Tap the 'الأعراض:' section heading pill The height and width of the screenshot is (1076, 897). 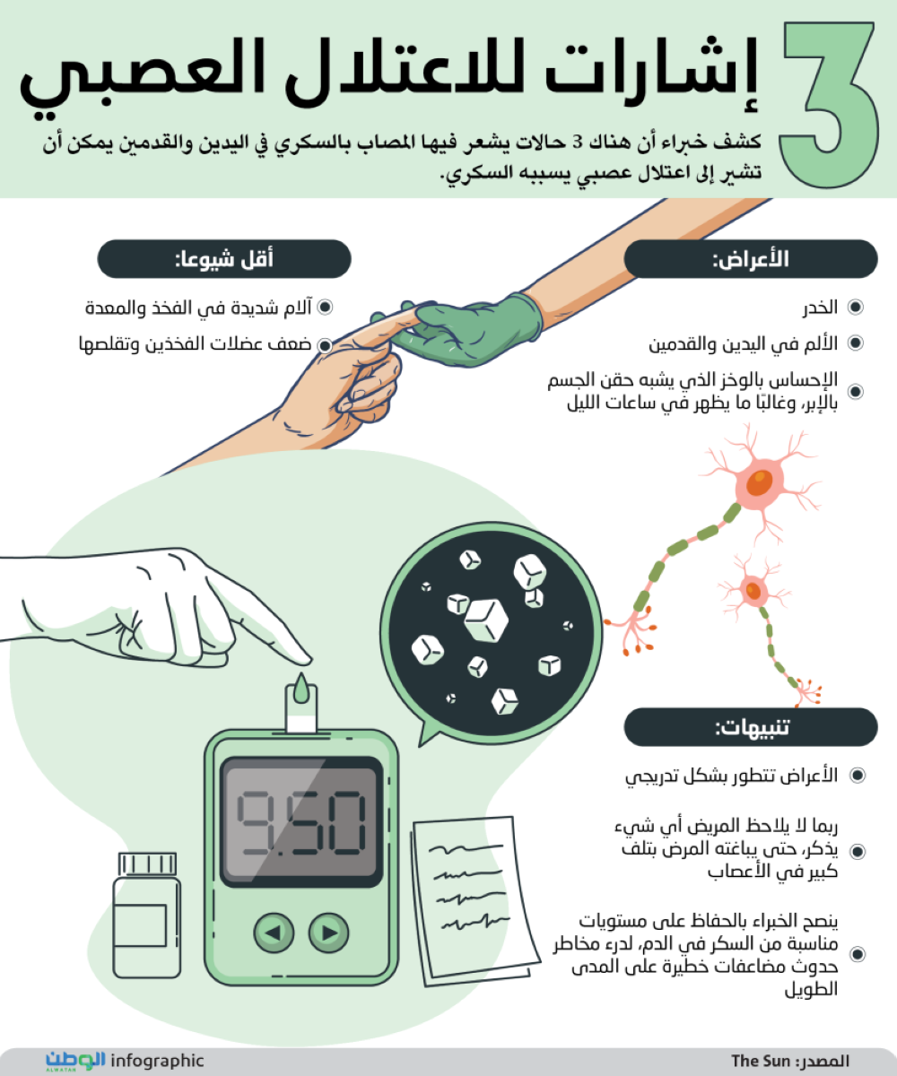tap(751, 259)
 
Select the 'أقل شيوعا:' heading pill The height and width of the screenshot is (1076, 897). tap(224, 259)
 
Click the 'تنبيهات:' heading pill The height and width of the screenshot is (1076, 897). tap(751, 727)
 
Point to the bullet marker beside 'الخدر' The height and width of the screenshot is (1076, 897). tap(856, 308)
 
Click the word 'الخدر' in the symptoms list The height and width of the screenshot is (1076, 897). tap(820, 308)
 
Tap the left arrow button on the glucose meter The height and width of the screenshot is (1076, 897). tap(274, 933)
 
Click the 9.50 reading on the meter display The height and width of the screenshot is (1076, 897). tap(301, 822)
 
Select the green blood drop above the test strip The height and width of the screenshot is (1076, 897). tap(301, 688)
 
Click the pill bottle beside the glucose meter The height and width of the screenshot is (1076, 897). tap(147, 915)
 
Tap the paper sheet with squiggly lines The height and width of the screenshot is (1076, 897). tap(475, 899)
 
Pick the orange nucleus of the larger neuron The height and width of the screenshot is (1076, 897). tap(760, 482)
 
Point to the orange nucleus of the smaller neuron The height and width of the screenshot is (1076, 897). tap(753, 590)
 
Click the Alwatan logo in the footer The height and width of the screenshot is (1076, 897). tap(75, 1061)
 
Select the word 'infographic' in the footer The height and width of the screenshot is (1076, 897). tap(157, 1061)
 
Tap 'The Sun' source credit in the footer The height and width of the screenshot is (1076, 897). tap(761, 1061)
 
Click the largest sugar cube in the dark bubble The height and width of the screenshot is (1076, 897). tap(486, 620)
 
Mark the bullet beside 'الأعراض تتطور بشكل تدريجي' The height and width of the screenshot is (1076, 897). tap(858, 775)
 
